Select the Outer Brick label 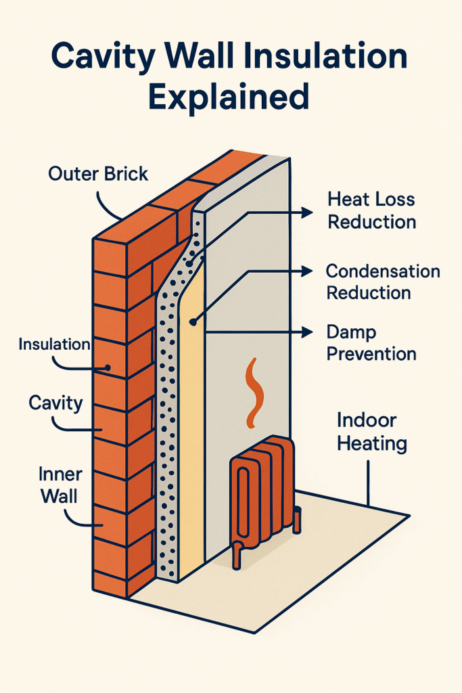(98, 174)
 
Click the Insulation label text (54, 344)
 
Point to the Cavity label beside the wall (55, 404)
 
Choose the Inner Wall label (59, 485)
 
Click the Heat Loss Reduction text (371, 210)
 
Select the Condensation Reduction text (383, 282)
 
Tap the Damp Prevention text (371, 342)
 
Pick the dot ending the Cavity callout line (102, 430)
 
